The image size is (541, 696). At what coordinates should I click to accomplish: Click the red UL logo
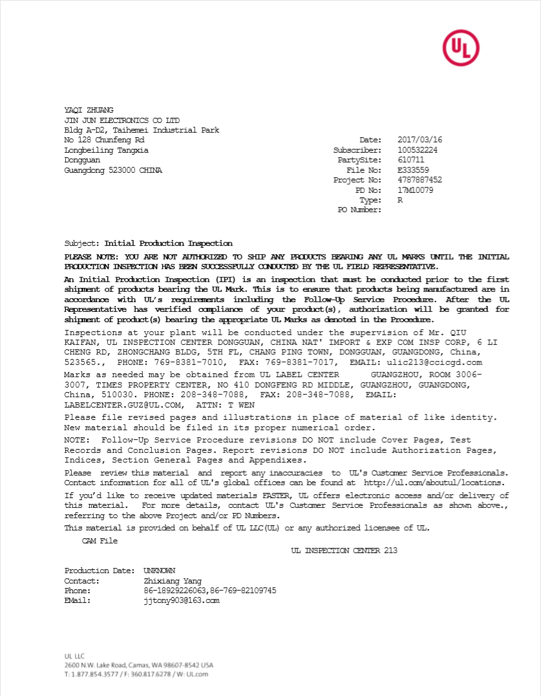point(461,47)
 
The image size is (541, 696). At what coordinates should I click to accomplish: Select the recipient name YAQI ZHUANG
point(89,111)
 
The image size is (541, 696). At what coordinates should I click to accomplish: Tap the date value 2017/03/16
point(419,140)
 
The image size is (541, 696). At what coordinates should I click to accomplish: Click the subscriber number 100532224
point(418,150)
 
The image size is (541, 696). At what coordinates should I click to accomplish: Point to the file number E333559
point(413,170)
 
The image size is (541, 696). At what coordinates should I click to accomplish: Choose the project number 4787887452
point(419,180)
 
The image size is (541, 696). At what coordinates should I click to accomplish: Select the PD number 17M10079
point(415,190)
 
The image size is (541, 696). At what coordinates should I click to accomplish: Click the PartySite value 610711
point(410,160)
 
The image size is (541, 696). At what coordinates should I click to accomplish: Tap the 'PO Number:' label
point(359,210)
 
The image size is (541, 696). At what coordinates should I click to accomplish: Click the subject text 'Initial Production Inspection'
point(168,244)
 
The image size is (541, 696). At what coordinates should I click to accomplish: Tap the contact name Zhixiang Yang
point(172,581)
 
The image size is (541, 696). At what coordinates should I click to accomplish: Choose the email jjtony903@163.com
point(181,600)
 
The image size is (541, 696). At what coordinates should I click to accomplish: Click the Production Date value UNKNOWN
point(159,571)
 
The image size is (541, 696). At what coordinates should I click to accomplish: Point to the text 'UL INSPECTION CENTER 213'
point(344,550)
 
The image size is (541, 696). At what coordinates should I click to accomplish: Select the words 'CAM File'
point(100,541)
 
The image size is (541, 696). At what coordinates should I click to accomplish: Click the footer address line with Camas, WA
point(138,665)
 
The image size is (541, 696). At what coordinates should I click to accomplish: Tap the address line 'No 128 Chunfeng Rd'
point(104,140)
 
